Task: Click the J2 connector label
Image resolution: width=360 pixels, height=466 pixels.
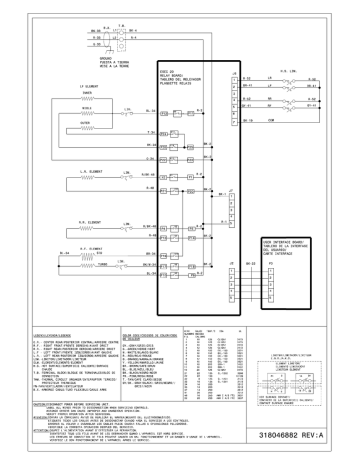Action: click(x=235, y=263)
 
